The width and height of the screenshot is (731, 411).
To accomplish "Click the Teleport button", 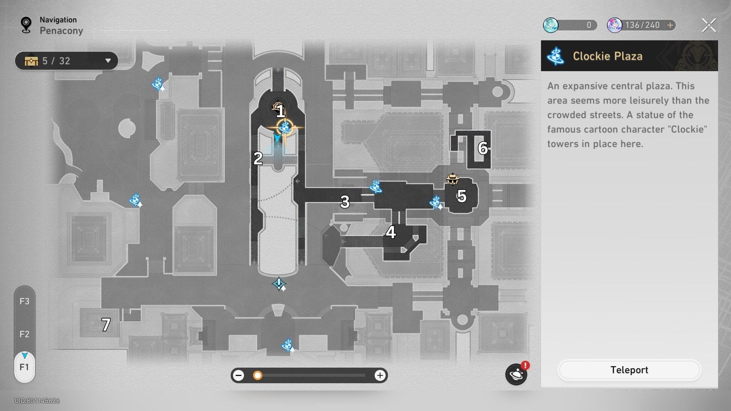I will pos(629,370).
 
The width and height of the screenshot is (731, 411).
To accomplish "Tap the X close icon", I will pos(709,25).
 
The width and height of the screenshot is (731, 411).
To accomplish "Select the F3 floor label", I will pos(24,301).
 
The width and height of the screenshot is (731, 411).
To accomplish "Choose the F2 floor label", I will pos(24,334).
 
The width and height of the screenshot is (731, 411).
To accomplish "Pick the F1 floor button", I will pos(24,367).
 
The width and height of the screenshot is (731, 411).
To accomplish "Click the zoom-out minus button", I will pos(239,376).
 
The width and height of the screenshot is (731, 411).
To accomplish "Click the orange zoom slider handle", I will pos(258,376).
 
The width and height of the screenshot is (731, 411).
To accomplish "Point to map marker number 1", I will pos(281,112).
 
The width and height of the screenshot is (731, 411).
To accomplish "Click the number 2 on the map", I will pos(258,158).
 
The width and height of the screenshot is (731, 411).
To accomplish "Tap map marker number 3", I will pos(345,202).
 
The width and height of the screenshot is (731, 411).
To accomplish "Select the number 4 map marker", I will pos(391,232).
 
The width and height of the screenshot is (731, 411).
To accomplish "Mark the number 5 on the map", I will pos(462,196).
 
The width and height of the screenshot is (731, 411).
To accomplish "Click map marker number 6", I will pos(483,148).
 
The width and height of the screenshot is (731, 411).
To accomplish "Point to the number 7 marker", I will pos(106,325).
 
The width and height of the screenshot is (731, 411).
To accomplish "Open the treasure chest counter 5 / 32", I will pos(66,61).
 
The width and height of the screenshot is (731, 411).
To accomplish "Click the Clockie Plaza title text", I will pos(608,56).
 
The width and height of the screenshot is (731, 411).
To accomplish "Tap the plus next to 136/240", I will pos(670,25).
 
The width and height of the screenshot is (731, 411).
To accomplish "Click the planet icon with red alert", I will pos(516,374).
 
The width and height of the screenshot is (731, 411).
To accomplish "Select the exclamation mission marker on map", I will pos(279,284).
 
